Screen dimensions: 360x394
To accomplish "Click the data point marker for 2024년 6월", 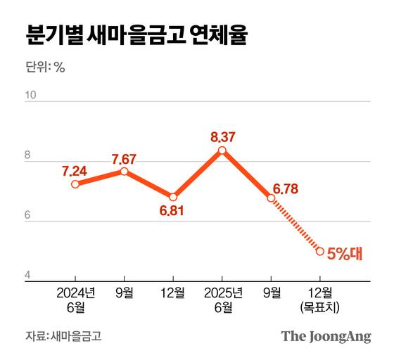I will click(x=75, y=184).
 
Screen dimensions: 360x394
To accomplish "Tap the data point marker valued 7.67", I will click(x=125, y=171).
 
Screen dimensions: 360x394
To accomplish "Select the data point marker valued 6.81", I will click(x=173, y=197).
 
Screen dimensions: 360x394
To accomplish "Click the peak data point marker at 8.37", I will click(x=222, y=150).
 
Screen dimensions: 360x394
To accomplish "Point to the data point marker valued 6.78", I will click(x=271, y=198).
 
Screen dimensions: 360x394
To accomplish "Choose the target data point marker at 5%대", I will click(x=320, y=251).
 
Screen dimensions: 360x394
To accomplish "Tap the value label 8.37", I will click(x=222, y=136).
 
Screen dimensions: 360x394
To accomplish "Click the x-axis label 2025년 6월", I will click(x=222, y=300).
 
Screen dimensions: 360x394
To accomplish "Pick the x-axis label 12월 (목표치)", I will click(x=320, y=300).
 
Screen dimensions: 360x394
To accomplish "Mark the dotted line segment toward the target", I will click(x=295, y=225).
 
